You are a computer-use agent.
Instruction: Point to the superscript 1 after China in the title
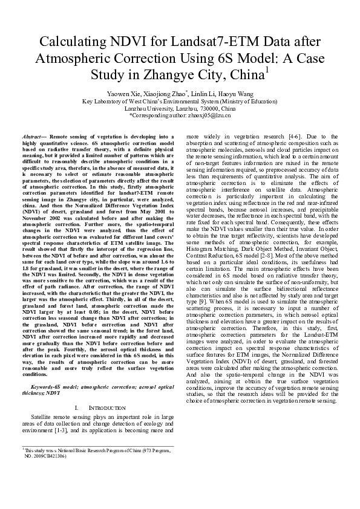click(x=267, y=70)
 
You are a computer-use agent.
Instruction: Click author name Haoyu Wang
click(x=237, y=94)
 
